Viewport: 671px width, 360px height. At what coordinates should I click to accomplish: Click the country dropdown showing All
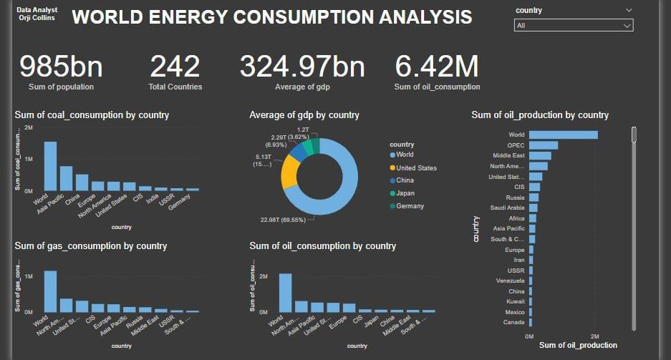pos(573,25)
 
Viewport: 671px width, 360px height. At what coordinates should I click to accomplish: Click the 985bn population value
pos(61,67)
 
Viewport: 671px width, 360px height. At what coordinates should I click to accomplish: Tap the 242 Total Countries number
pos(175,67)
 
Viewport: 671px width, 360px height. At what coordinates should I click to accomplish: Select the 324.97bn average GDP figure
pos(301,67)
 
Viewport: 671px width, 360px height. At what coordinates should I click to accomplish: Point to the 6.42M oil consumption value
pos(437,67)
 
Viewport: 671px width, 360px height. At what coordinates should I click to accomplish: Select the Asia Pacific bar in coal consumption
pos(66,178)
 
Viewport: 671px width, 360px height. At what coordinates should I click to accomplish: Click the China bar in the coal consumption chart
pos(82,183)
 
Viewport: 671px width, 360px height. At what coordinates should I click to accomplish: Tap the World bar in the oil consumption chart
pos(285,293)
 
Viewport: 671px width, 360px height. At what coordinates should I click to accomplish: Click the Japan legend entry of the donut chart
pos(405,193)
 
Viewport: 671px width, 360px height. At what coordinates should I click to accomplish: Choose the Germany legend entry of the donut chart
pos(409,206)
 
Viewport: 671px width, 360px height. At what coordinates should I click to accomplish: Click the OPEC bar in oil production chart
pos(544,145)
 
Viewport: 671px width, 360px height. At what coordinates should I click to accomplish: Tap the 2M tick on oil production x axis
pos(594,336)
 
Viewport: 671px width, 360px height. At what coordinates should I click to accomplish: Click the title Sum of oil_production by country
pos(540,115)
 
